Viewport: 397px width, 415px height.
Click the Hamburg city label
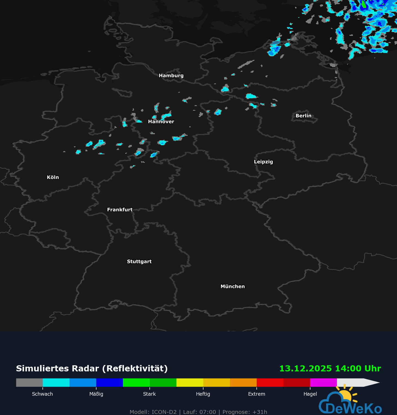pyautogui.click(x=171, y=76)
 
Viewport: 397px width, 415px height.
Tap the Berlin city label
pyautogui.click(x=303, y=116)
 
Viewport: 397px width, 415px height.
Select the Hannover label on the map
pyautogui.click(x=161, y=121)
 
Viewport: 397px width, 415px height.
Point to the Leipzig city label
pyautogui.click(x=263, y=162)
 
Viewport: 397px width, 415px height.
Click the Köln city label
pyautogui.click(x=53, y=177)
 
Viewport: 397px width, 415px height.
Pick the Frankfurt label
pyautogui.click(x=120, y=210)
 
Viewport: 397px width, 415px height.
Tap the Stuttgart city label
pyautogui.click(x=139, y=261)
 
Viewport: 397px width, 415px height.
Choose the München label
pyautogui.click(x=232, y=287)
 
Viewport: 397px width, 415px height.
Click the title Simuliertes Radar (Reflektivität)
pyautogui.click(x=92, y=369)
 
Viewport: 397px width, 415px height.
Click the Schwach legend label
pyautogui.click(x=42, y=394)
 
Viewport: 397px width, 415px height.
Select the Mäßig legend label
pyautogui.click(x=96, y=394)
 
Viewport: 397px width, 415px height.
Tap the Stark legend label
pyautogui.click(x=149, y=394)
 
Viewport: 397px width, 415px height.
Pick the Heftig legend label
pyautogui.click(x=203, y=394)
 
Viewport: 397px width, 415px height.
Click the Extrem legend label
pyautogui.click(x=256, y=394)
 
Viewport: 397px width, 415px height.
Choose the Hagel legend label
pyautogui.click(x=310, y=394)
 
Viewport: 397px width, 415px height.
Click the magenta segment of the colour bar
pyautogui.click(x=323, y=383)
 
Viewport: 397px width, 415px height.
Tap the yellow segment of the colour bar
pyautogui.click(x=190, y=383)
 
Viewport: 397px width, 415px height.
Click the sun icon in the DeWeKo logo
pyautogui.click(x=345, y=395)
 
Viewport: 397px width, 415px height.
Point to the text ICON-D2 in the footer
pyautogui.click(x=164, y=412)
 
